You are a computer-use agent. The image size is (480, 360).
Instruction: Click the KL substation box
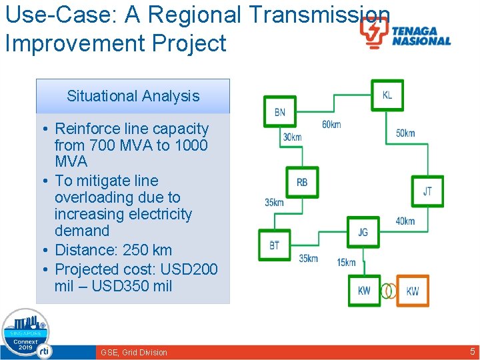387,96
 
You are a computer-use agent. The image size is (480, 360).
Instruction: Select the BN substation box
280,113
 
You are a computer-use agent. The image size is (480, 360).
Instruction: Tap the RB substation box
302,183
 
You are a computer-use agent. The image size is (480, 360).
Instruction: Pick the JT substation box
427,191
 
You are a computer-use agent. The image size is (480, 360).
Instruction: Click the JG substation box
363,233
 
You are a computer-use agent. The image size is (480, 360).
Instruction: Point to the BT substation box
275,246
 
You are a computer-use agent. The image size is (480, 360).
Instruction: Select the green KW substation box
364,291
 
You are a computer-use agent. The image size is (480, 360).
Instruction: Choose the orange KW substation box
413,291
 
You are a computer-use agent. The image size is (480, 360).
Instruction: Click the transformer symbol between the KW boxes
388,291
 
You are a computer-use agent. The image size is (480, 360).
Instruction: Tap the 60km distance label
331,125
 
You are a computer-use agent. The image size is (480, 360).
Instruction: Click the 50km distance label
405,133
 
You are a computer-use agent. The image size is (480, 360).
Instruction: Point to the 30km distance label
292,137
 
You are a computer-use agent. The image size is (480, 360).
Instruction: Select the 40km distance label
405,221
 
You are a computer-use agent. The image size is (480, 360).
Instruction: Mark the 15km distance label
346,263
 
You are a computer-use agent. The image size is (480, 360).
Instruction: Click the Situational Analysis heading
133,96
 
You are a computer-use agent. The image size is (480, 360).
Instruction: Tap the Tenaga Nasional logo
405,33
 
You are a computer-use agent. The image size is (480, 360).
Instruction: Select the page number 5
472,351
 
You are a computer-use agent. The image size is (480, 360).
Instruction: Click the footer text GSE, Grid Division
134,352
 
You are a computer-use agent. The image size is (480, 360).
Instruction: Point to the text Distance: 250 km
113,250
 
